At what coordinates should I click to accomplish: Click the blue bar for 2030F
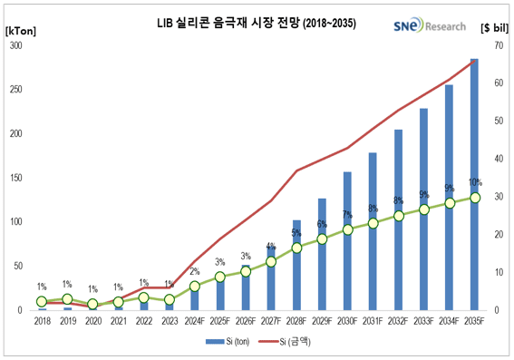coord(347,240)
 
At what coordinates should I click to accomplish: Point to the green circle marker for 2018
coord(42,301)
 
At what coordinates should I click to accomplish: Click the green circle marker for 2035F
coord(474,197)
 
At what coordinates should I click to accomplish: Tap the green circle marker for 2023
coord(169,299)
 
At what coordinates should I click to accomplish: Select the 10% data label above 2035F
coord(474,182)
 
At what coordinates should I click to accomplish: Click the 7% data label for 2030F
coord(347,215)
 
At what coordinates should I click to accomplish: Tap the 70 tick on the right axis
coord(497,45)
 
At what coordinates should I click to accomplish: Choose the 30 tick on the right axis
coord(497,197)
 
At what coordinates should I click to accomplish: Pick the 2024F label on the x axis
coord(195,320)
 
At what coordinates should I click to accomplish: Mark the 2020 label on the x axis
coord(92,320)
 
